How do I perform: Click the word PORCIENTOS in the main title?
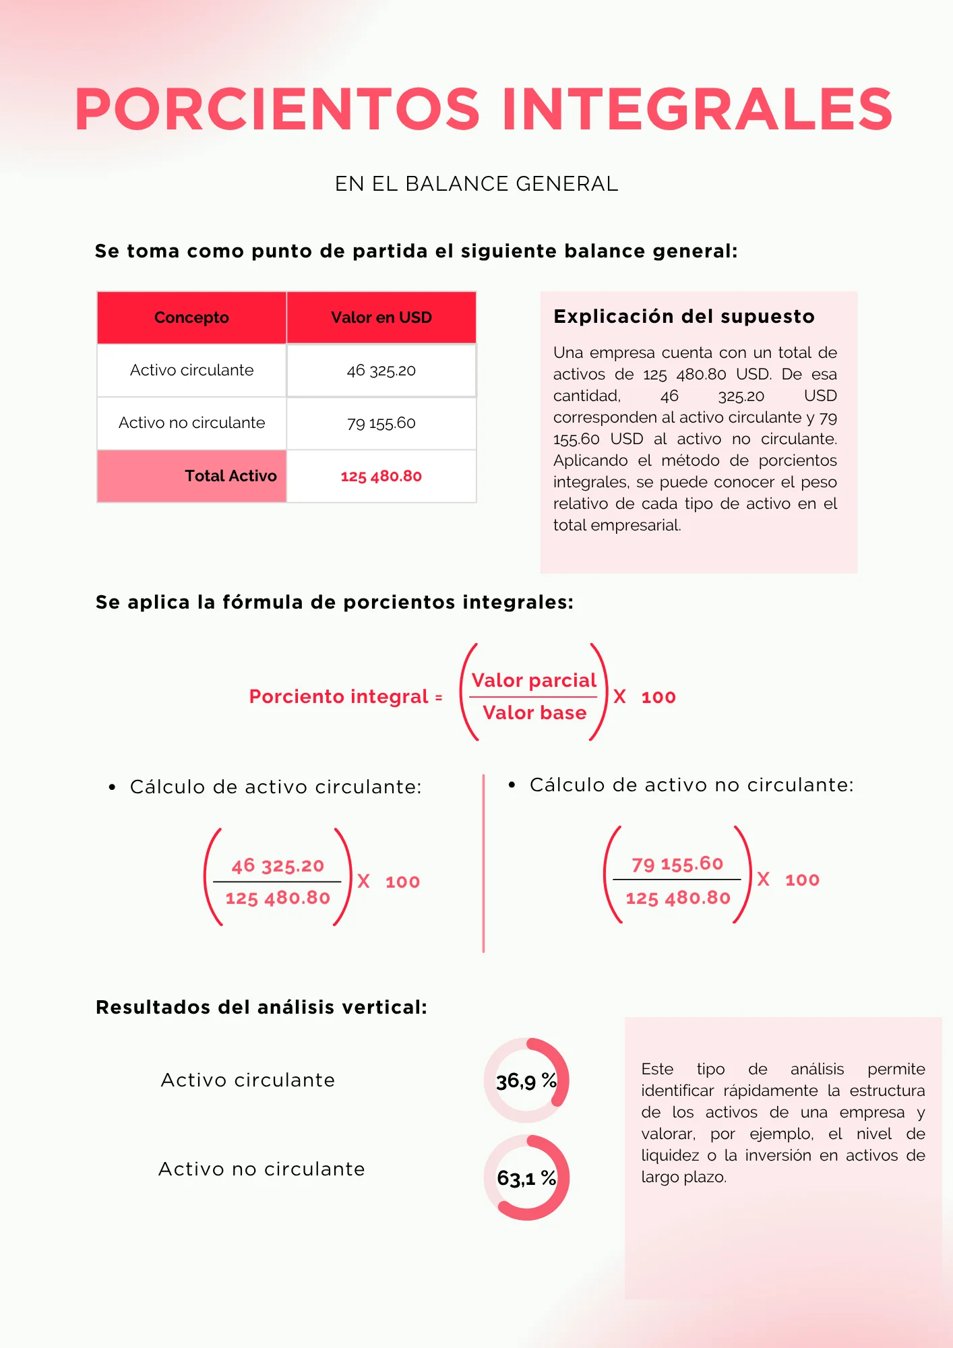click(278, 109)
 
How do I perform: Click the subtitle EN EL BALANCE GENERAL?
click(476, 184)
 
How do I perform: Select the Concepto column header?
click(191, 317)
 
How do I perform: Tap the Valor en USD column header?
click(381, 317)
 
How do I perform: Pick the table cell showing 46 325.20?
click(381, 371)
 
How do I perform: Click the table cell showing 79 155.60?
click(381, 423)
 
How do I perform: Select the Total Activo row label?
click(230, 476)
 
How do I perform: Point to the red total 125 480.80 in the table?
click(381, 477)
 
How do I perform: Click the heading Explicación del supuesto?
click(684, 316)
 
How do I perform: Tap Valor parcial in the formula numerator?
click(534, 681)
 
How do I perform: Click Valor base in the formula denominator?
click(534, 713)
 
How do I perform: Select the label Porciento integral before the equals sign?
click(339, 696)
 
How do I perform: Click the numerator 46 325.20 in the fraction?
click(278, 865)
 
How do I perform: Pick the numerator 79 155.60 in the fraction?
click(677, 863)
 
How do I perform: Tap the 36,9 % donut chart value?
click(526, 1081)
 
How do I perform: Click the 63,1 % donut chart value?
click(526, 1178)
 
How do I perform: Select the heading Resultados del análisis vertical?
click(262, 1007)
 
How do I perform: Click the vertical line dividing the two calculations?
click(483, 863)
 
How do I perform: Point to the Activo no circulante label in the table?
click(192, 423)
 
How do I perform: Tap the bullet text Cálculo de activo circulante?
click(276, 787)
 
